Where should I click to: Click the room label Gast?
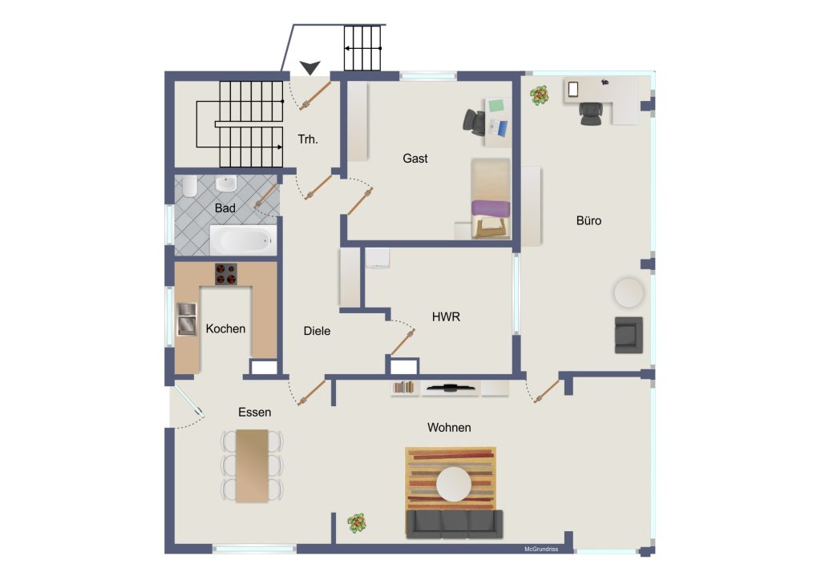pos(415,159)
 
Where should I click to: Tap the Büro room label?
pos(588,220)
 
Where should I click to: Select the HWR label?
pos(446,317)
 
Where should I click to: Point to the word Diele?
pos(317,331)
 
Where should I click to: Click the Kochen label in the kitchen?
pos(225,329)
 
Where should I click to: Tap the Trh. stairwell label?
pos(308,139)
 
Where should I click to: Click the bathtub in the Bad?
pos(243,240)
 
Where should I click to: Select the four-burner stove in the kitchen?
pos(225,274)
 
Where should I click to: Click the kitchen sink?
pos(186,319)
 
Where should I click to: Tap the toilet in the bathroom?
pos(189,186)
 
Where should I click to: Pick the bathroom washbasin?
pos(226,183)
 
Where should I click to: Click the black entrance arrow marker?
pos(310,67)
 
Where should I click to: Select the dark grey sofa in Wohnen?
pos(455,524)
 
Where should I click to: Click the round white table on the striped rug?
pos(454,485)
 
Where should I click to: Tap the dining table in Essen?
pos(253,465)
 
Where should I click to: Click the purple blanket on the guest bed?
pos(491,208)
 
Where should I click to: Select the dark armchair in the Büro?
pos(629,335)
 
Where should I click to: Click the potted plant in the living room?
pos(357,523)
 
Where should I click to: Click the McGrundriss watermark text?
pos(541,549)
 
